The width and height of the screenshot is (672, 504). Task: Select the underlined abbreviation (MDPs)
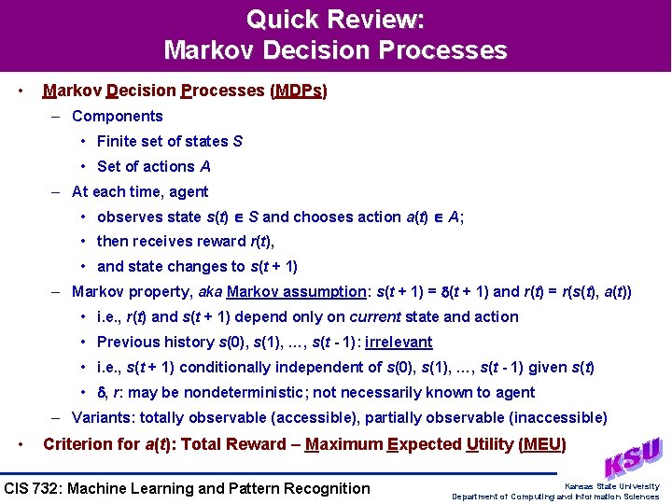pyautogui.click(x=299, y=91)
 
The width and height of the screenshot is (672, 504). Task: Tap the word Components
pyautogui.click(x=118, y=116)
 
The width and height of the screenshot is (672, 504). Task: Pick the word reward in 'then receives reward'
pyautogui.click(x=229, y=242)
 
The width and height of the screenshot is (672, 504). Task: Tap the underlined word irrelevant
pyautogui.click(x=399, y=342)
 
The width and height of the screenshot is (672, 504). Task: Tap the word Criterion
pyautogui.click(x=78, y=444)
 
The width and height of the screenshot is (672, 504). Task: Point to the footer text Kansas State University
pyautogui.click(x=611, y=485)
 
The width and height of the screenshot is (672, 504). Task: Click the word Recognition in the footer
pyautogui.click(x=328, y=488)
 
